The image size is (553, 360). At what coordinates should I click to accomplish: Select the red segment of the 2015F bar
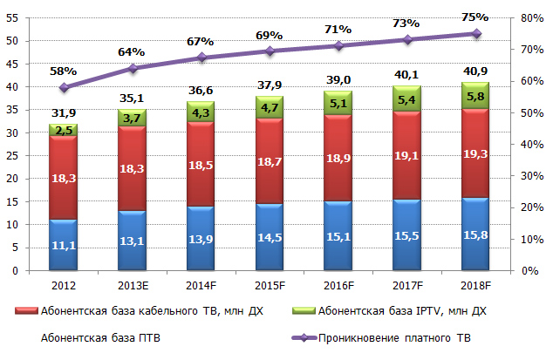click(x=270, y=161)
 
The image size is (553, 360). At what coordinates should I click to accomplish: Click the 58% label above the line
click(x=64, y=71)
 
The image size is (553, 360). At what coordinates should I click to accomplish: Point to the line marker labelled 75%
click(x=476, y=33)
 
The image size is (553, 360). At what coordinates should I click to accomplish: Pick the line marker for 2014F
click(x=201, y=58)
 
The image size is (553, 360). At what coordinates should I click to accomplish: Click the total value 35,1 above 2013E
click(x=132, y=98)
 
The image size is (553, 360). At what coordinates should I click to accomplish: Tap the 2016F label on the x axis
click(x=338, y=284)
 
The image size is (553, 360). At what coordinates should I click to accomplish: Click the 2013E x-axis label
click(x=132, y=284)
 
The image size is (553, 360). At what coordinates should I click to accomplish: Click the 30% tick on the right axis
click(x=529, y=176)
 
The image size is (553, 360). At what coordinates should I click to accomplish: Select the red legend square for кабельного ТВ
click(x=21, y=310)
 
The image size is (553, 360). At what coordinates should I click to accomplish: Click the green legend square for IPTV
click(x=306, y=310)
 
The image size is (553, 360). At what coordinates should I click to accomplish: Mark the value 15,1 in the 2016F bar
click(x=338, y=234)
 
